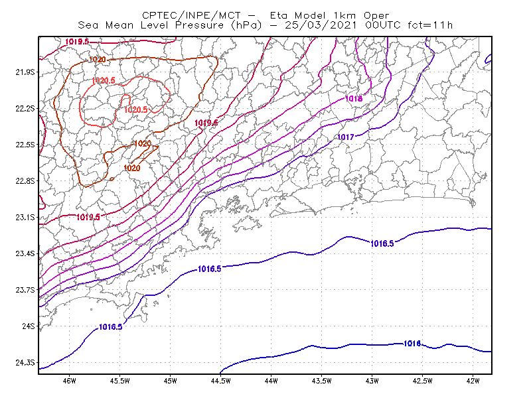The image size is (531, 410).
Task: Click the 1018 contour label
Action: (354, 99)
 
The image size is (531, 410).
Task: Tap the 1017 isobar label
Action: (346, 137)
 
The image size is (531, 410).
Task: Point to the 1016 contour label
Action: (412, 344)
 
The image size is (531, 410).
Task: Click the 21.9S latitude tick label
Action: (25, 72)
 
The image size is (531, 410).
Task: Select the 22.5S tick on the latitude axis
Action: (25, 145)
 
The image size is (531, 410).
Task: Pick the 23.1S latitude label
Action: (25, 217)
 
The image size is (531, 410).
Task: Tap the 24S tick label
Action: (29, 326)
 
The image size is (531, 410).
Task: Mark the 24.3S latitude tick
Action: (25, 363)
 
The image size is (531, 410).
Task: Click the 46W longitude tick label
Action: (70, 381)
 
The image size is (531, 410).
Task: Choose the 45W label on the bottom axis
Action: (170, 381)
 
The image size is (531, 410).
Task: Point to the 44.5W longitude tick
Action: (220, 381)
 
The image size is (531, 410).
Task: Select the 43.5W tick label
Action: (321, 381)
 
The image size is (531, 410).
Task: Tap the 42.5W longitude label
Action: (422, 381)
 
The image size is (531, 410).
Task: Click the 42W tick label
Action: (473, 381)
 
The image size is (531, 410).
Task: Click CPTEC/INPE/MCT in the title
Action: (191, 15)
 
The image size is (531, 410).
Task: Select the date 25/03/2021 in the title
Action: (321, 25)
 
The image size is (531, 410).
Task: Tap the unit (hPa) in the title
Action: (246, 25)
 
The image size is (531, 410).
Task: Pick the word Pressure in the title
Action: (199, 25)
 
